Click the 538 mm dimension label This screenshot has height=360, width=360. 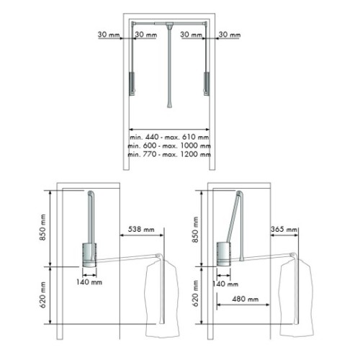coord(140,230)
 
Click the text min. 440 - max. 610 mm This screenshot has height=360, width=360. coord(170,136)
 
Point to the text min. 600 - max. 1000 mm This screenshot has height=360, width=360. coord(170,145)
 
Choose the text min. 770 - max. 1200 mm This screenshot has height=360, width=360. coord(170,155)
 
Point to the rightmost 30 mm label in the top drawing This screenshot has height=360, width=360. coord(230,34)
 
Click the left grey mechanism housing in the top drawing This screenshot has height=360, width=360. coord(131,83)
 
